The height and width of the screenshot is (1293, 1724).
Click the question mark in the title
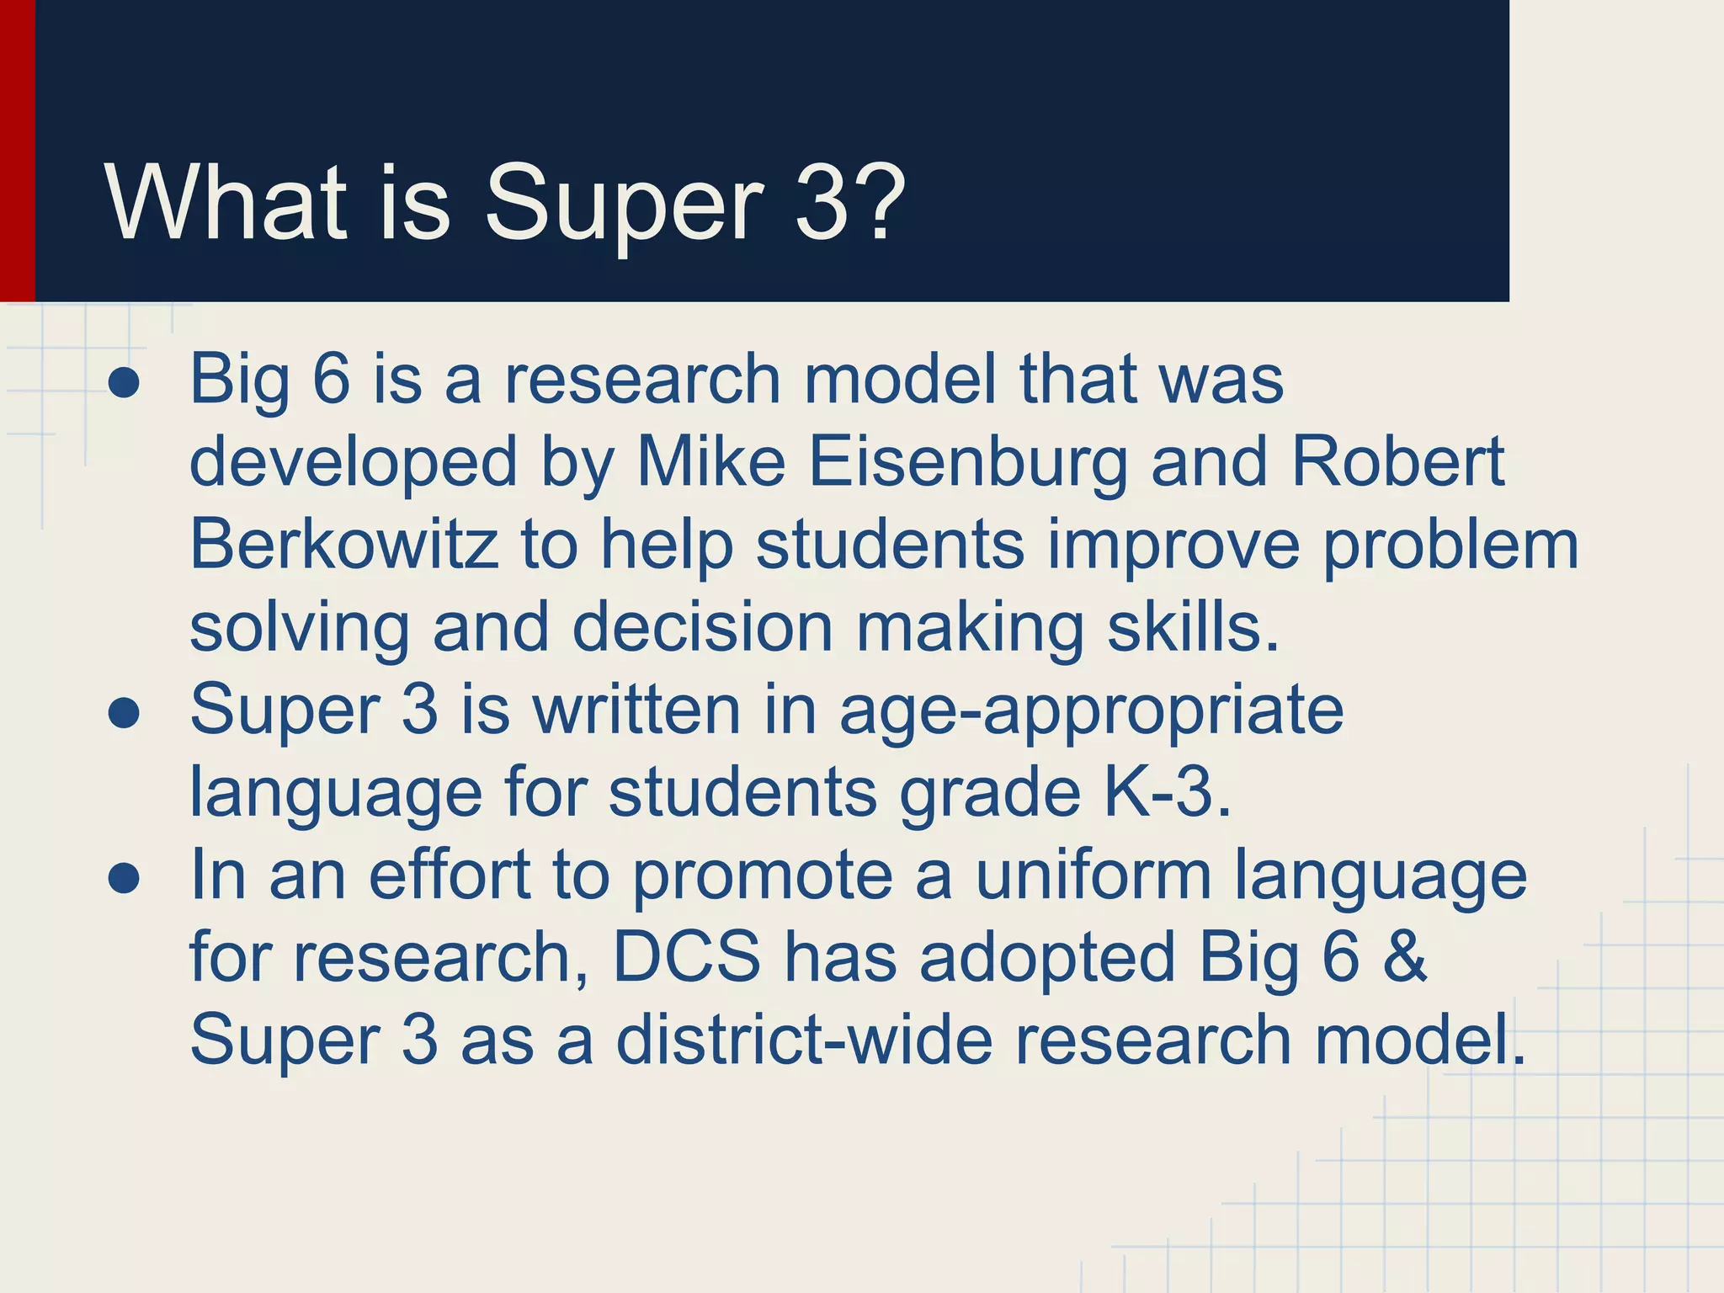click(x=875, y=202)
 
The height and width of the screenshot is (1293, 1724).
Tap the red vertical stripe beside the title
click(x=17, y=152)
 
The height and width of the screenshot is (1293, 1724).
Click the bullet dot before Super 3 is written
click(x=124, y=715)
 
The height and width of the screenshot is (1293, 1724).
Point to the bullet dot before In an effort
click(x=124, y=880)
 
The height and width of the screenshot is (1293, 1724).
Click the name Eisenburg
click(x=968, y=462)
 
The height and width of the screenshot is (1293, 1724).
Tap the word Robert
click(x=1397, y=462)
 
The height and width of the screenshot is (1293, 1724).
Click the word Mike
click(x=711, y=462)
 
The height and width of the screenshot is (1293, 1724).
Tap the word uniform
click(x=1093, y=875)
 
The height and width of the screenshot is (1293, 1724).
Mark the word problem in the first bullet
click(x=1450, y=545)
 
